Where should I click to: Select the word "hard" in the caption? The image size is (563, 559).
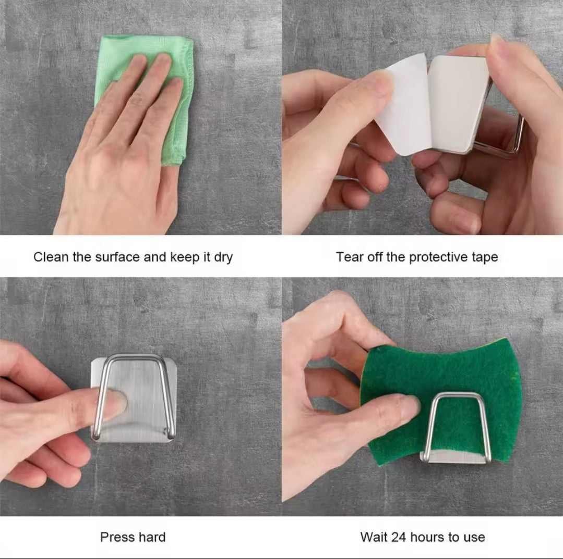pos(152,537)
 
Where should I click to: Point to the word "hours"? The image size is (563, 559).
pos(427,537)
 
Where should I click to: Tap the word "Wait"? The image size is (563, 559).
pos(374,537)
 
